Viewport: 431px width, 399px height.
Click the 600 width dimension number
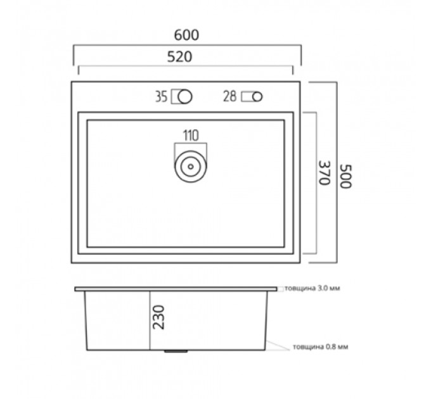186,35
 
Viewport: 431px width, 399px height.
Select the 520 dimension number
179,57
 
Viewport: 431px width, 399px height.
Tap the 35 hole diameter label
161,97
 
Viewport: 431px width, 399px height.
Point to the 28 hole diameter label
229,96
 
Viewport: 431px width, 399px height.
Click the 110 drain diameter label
191,136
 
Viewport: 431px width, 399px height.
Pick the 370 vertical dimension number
324,173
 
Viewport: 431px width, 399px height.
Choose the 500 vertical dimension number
346,176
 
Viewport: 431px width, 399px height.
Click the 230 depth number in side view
158,317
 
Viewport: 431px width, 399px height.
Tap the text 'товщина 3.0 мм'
312,288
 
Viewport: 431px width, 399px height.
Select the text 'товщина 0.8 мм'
321,347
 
